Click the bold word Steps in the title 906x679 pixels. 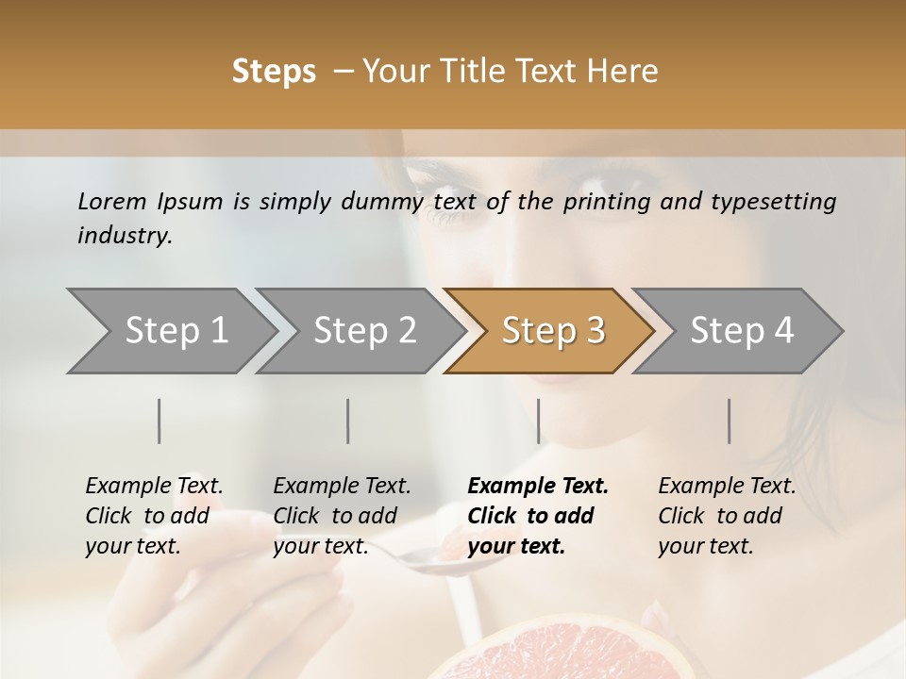274,72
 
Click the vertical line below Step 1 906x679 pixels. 159,421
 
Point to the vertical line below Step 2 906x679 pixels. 348,421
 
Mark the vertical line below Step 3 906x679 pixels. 538,421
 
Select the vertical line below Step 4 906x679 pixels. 730,421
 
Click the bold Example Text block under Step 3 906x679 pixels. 538,516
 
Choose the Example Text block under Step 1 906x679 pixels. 154,516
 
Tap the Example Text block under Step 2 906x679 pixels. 342,516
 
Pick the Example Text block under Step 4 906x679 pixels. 727,516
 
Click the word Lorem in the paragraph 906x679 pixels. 112,201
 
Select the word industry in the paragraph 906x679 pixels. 124,235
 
